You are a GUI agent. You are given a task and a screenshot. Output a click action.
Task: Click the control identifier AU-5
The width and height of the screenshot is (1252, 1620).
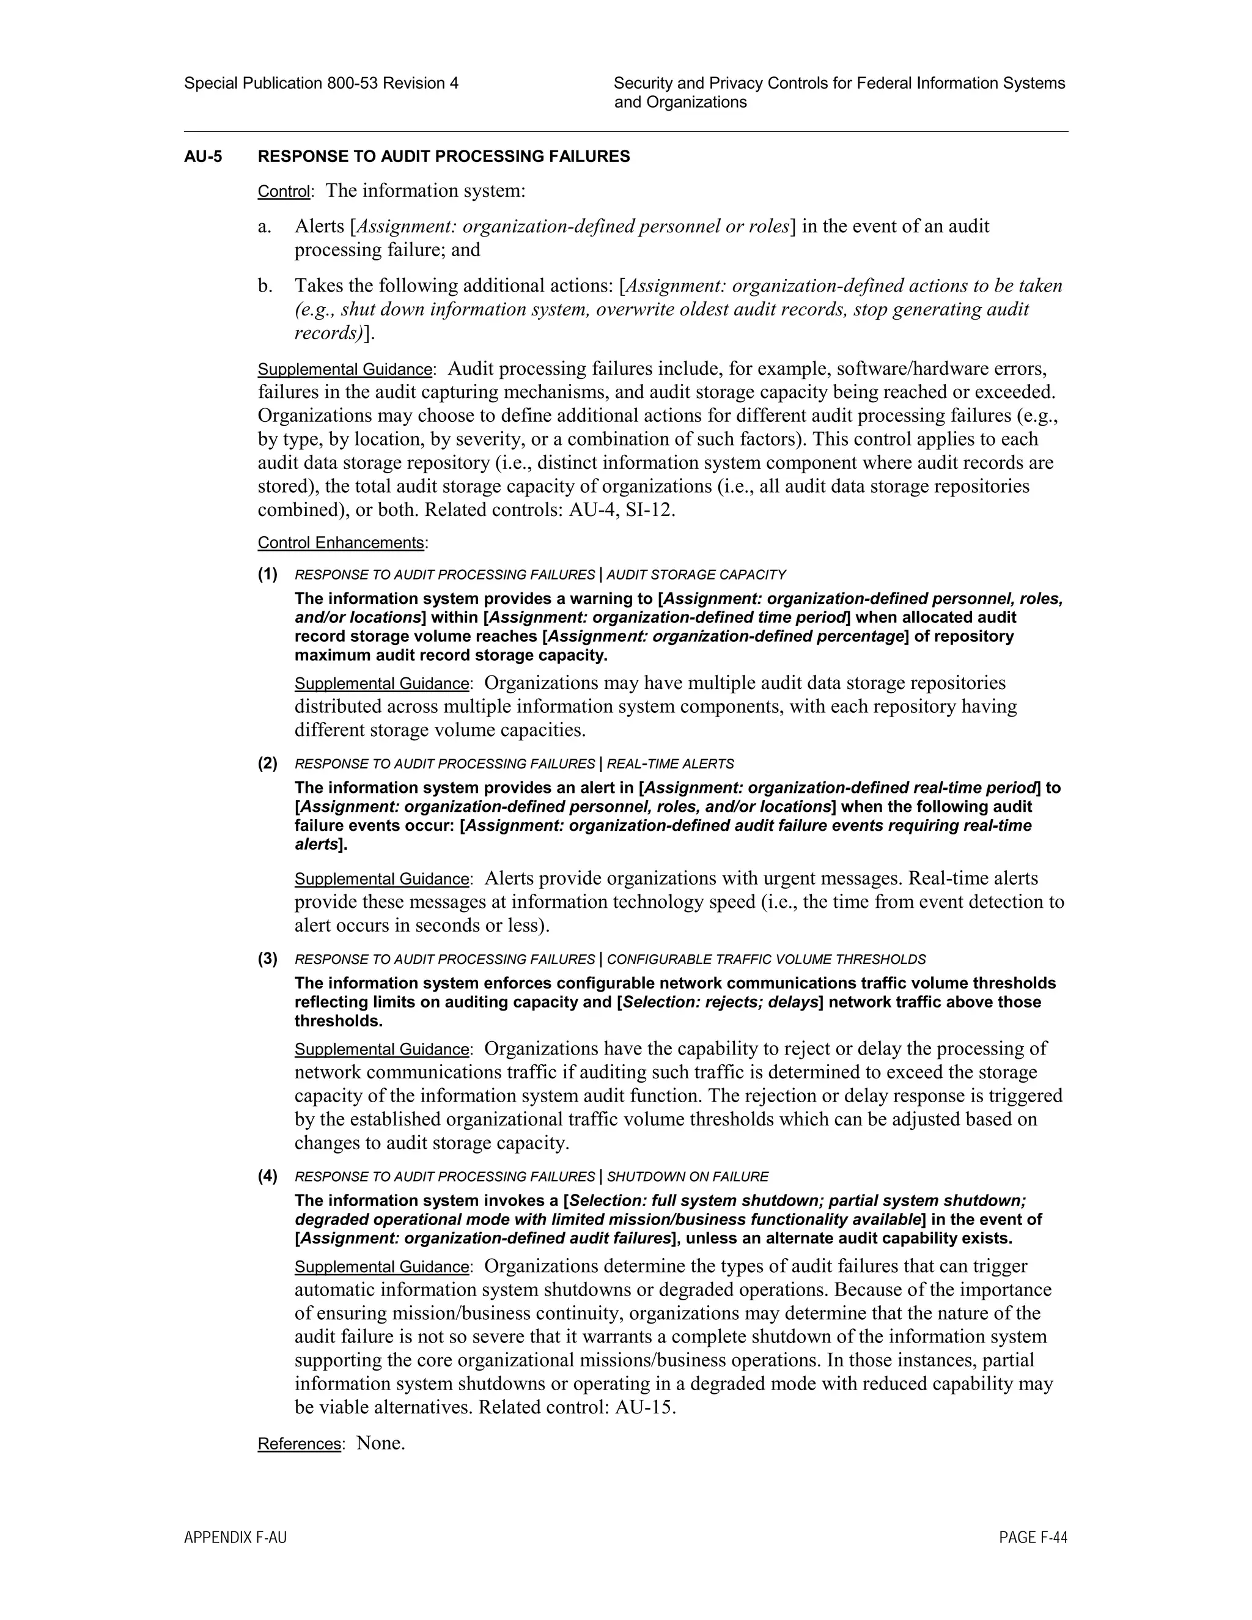(202, 156)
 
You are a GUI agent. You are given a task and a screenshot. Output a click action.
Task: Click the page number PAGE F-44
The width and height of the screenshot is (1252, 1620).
(1033, 1537)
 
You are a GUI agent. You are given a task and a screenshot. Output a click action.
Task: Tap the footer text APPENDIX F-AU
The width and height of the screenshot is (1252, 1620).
(235, 1537)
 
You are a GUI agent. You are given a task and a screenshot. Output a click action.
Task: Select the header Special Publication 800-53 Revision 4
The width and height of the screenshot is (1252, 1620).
(321, 83)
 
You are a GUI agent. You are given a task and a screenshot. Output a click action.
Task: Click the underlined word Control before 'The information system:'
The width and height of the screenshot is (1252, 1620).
(283, 191)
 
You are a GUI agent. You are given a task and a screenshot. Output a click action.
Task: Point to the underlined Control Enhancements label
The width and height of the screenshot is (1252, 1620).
(341, 542)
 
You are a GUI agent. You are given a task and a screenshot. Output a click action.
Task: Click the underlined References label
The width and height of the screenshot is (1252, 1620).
(299, 1443)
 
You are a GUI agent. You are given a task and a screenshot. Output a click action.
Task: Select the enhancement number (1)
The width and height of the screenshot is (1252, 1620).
(268, 574)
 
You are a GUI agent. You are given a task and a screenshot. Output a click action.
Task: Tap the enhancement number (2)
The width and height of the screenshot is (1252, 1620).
(268, 764)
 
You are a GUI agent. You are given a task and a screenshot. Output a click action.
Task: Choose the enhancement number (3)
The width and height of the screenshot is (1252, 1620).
(268, 959)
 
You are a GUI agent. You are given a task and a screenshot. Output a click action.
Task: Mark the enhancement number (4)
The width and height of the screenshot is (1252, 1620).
(268, 1176)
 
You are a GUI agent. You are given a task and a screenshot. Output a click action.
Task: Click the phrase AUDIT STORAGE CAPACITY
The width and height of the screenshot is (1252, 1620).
(696, 575)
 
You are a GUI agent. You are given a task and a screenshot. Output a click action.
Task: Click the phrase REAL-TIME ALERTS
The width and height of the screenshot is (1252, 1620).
(670, 764)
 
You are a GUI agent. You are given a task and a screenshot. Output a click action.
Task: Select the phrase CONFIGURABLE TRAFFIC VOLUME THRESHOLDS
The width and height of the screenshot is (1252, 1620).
(766, 959)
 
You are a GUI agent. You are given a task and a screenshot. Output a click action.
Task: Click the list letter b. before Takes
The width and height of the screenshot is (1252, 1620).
(265, 285)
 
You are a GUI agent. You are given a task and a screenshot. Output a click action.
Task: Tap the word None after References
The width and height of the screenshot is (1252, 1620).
(380, 1443)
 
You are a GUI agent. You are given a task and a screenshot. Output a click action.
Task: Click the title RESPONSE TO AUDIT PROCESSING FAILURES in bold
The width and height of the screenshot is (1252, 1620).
(444, 156)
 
